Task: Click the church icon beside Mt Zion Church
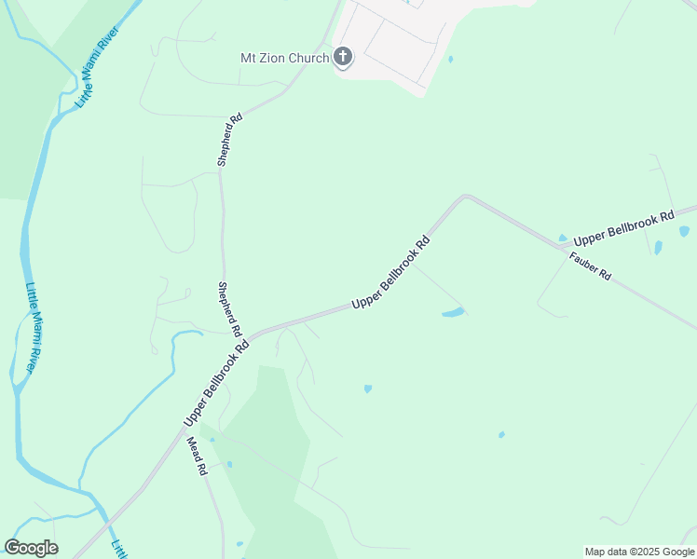point(343,58)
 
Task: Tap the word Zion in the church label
point(280,58)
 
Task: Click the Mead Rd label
point(196,457)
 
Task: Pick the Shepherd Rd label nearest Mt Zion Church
point(229,140)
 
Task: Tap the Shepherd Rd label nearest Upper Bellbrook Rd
point(229,309)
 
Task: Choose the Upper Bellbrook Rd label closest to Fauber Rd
point(623,228)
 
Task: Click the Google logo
point(31,548)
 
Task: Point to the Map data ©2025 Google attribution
point(640,552)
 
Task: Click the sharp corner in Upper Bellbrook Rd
point(466,197)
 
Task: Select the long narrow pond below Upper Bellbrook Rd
point(453,312)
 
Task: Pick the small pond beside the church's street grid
point(450,60)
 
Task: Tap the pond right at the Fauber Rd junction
point(562,239)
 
